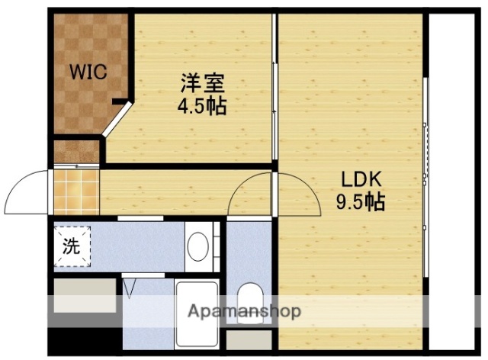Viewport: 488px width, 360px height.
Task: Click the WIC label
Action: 88,72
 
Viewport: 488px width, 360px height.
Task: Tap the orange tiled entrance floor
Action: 75,191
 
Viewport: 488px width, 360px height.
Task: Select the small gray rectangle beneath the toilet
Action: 248,340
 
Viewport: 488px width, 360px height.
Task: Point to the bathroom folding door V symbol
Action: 130,288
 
